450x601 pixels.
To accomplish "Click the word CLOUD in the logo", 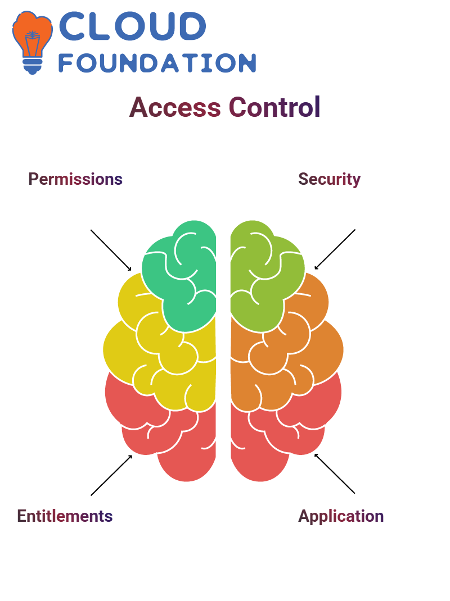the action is [x=132, y=26].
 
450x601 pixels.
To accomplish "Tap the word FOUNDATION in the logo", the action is [x=157, y=63].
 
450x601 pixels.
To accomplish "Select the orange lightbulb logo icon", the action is [x=33, y=42].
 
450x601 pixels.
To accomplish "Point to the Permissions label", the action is [x=75, y=179].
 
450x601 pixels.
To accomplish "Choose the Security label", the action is [x=330, y=179].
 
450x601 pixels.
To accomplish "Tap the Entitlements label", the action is [x=65, y=516].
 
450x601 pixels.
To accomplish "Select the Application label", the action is [x=341, y=517].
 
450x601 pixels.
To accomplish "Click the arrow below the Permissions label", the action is [x=111, y=251].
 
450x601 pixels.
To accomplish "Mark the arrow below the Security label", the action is [x=335, y=249].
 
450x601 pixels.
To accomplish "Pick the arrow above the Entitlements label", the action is [x=111, y=475].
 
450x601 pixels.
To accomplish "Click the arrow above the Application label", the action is [x=335, y=473].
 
